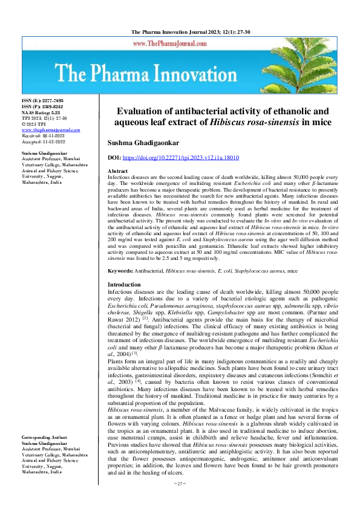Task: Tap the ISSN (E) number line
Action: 42,100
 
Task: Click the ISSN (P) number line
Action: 42,106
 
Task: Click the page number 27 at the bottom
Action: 180,501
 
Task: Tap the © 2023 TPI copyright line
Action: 35,123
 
